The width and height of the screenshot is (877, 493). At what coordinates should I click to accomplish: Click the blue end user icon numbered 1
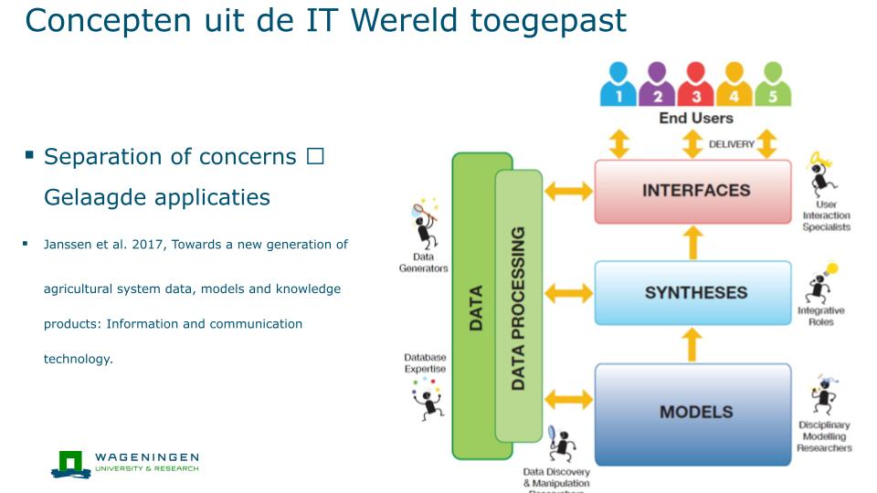(x=618, y=85)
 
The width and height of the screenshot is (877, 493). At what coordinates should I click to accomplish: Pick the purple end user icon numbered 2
(x=657, y=85)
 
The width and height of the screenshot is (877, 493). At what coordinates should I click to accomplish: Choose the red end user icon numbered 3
(x=695, y=85)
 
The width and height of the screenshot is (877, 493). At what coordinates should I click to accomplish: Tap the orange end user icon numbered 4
(x=734, y=85)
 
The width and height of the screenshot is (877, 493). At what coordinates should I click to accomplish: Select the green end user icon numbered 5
(x=772, y=85)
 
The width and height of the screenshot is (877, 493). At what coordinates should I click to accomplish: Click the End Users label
(x=695, y=118)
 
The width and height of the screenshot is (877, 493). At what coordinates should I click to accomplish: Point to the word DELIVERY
(x=731, y=144)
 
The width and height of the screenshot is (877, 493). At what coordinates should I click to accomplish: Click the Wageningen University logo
(x=124, y=463)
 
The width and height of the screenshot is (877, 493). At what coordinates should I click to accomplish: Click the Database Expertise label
(x=425, y=362)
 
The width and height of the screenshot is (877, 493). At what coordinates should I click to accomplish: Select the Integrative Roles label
(x=820, y=316)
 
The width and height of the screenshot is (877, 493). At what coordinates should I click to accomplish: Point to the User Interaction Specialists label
(x=826, y=215)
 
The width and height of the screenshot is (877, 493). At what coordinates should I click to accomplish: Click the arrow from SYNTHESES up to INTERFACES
(x=693, y=243)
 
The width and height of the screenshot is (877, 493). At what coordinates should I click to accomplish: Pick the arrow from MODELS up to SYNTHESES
(x=693, y=345)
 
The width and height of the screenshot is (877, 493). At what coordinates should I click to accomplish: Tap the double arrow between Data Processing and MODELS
(x=567, y=398)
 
